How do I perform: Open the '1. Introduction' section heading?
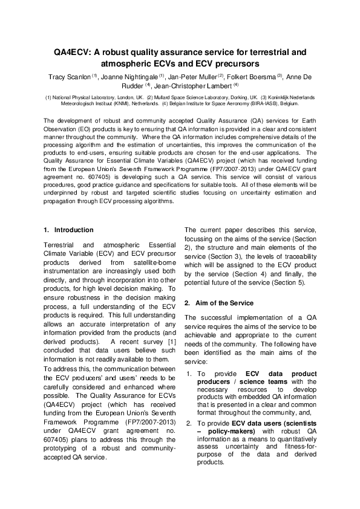(69, 230)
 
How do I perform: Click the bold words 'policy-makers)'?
(226, 431)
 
